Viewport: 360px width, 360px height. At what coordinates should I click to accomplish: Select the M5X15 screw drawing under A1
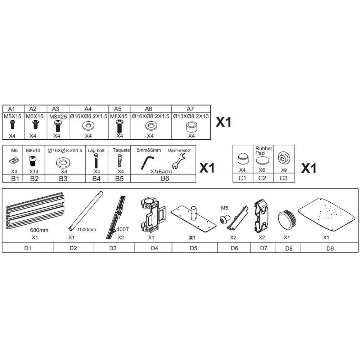coord(13,125)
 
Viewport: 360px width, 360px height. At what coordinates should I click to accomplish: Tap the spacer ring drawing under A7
coord(191,126)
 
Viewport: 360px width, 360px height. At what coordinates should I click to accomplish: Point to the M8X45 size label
coord(119,116)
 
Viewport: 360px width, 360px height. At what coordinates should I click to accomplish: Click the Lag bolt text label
coord(96,150)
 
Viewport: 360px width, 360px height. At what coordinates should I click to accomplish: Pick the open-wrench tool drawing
coord(179,161)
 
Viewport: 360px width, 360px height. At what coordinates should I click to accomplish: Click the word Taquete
coord(121,150)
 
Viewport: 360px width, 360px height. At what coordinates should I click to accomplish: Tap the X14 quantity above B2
coord(34,171)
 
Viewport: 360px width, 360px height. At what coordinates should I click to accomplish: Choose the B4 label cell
coord(96,179)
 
